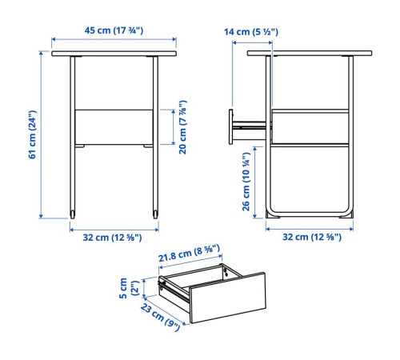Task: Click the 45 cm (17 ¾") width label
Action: [x=114, y=30]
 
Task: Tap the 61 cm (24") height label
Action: [x=32, y=134]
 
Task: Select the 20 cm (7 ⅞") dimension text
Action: [x=183, y=127]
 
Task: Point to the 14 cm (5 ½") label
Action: [x=251, y=32]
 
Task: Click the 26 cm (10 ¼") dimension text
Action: [x=246, y=182]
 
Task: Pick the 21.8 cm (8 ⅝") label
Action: [x=190, y=254]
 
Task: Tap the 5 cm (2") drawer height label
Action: [x=129, y=288]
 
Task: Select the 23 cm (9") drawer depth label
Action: [x=160, y=317]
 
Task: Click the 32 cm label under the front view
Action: [x=112, y=238]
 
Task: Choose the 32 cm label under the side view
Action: [x=312, y=237]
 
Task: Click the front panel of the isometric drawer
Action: [x=227, y=298]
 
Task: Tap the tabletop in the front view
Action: [x=114, y=54]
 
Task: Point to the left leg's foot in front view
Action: [x=73, y=214]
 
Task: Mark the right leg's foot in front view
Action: [x=155, y=214]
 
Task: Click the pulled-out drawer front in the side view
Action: [x=230, y=126]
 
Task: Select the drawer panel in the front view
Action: [x=114, y=127]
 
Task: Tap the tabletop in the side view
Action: [x=310, y=53]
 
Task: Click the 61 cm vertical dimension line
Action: [x=41, y=134]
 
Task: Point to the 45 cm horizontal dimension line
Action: [x=114, y=39]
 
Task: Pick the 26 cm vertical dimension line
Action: [x=254, y=182]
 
